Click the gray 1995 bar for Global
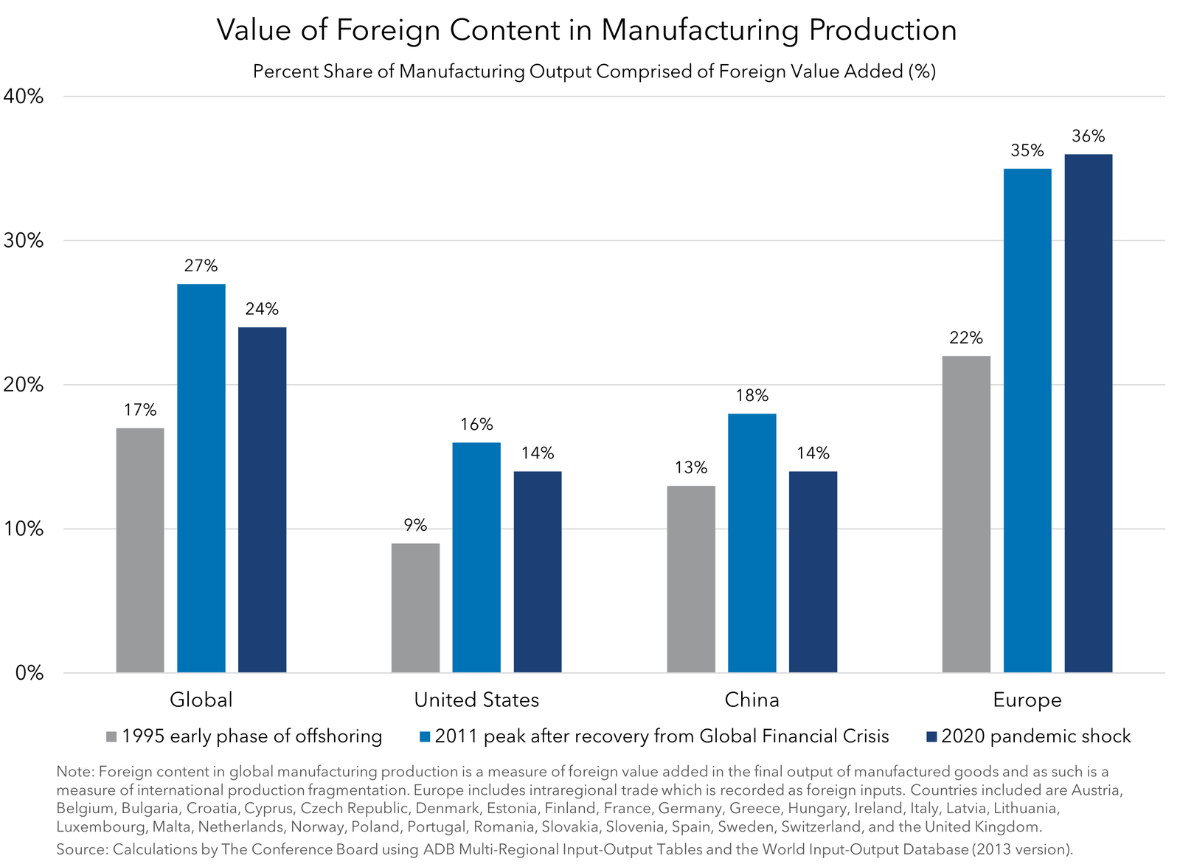click(x=140, y=550)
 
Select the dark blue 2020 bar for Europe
click(x=1088, y=413)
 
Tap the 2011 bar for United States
click(x=476, y=557)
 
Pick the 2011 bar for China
click(x=752, y=543)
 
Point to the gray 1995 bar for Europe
click(x=966, y=514)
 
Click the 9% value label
click(x=415, y=526)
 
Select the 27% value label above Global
click(x=201, y=266)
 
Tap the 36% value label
click(x=1088, y=136)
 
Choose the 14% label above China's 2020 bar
click(x=813, y=453)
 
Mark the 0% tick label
click(x=29, y=673)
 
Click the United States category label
click(x=476, y=700)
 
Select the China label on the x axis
click(x=752, y=700)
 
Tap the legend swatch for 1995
click(x=112, y=736)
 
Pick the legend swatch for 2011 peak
click(x=424, y=736)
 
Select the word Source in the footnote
click(x=80, y=849)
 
